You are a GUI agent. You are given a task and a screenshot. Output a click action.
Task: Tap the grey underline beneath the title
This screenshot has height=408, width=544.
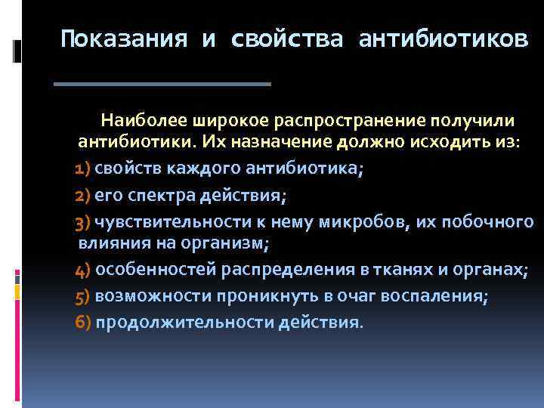(162, 83)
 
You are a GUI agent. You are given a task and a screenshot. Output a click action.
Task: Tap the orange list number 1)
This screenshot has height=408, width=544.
(83, 170)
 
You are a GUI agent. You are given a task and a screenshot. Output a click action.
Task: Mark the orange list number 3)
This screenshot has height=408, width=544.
(83, 223)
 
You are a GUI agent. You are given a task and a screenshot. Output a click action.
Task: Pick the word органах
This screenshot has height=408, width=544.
(487, 270)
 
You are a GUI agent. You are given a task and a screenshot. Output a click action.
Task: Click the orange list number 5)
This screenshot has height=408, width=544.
(83, 297)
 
